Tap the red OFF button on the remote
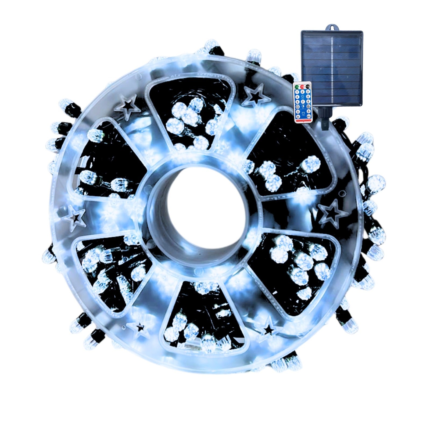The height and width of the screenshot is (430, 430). click(302, 87)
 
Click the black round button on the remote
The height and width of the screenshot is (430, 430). click(308, 87)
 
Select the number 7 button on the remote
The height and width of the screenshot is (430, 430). click(303, 102)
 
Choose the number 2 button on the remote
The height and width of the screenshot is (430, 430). click(302, 92)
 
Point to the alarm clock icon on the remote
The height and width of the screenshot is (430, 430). click(303, 113)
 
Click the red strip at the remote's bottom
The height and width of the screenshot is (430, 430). click(303, 120)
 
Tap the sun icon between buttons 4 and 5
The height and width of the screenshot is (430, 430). click(303, 96)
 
